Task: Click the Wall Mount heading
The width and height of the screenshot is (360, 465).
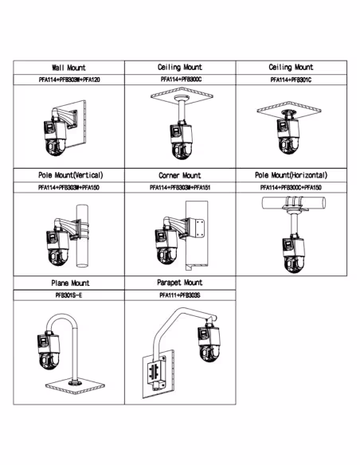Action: (x=68, y=68)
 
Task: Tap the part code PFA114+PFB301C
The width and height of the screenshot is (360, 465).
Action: (x=291, y=80)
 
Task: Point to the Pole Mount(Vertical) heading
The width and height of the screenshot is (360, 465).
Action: (x=71, y=175)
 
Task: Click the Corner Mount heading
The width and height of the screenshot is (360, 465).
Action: (x=180, y=175)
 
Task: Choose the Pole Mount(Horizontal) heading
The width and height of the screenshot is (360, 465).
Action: (x=292, y=175)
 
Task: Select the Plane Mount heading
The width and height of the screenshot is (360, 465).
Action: (x=70, y=283)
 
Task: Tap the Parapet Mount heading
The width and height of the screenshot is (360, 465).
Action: (x=180, y=283)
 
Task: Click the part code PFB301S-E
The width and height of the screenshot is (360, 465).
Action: (x=68, y=295)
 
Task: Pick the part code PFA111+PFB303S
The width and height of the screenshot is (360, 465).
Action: (x=180, y=295)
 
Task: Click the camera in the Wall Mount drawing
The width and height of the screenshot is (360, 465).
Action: (x=55, y=138)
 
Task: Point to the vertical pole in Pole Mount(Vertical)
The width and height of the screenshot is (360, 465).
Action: (x=83, y=236)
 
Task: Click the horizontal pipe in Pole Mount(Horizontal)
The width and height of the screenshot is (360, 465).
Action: (x=294, y=203)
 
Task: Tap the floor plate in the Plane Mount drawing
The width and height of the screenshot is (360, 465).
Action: (x=75, y=387)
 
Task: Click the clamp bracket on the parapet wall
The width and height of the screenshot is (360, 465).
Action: (x=156, y=373)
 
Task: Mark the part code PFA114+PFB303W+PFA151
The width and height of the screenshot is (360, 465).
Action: (x=180, y=188)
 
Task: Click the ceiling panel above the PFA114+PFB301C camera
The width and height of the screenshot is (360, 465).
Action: (x=289, y=111)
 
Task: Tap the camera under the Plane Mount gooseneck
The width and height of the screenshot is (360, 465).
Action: (x=49, y=351)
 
